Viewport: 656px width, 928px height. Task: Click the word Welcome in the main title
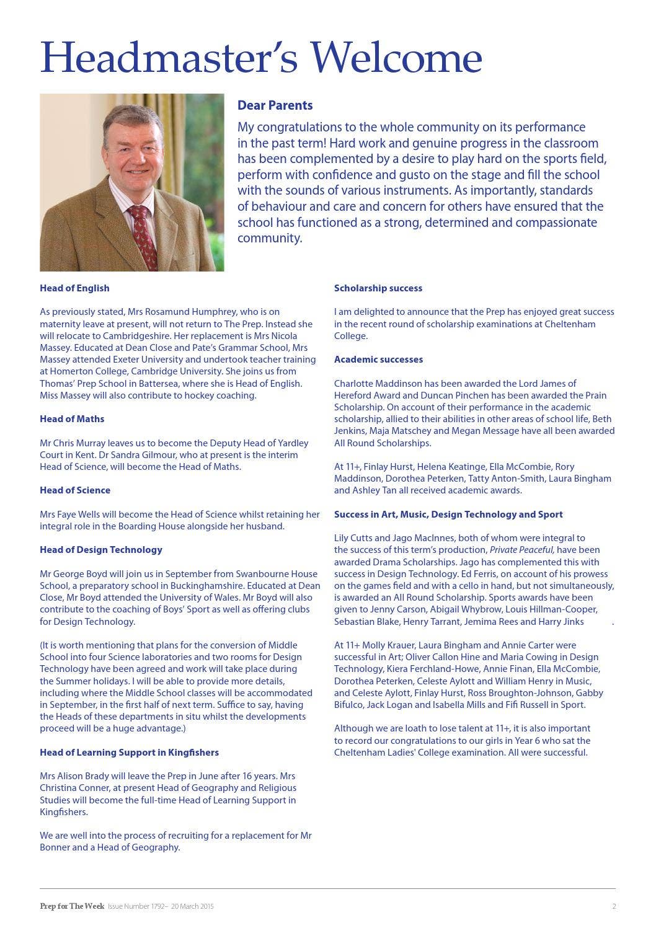click(396, 57)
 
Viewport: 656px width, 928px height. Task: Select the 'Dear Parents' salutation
click(275, 105)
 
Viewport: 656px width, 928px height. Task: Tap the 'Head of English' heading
click(74, 288)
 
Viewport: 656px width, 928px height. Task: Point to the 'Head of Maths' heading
click(72, 419)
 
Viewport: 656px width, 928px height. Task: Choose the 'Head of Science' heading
click(75, 490)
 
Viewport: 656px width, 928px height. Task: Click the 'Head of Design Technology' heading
click(101, 550)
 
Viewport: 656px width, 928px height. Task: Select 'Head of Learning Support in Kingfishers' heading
click(129, 753)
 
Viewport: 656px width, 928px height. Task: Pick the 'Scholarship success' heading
click(378, 288)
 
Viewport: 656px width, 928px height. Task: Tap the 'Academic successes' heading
click(378, 360)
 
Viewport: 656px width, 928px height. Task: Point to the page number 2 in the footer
click(614, 906)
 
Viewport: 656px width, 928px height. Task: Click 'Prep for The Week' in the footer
click(72, 906)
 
